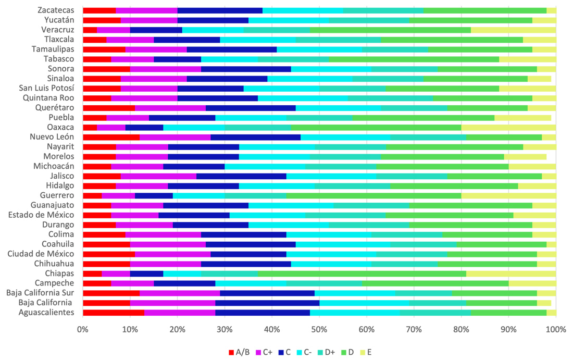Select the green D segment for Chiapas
[x=363, y=274]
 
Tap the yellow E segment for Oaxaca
[x=508, y=127]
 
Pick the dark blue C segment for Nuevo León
[x=256, y=137]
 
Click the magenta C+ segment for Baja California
[x=172, y=303]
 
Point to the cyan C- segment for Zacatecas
[x=303, y=10]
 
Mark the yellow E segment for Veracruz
[x=513, y=30]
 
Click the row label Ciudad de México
[x=41, y=254]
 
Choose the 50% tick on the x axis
[x=319, y=330]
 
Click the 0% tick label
[x=83, y=330]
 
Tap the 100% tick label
[x=556, y=330]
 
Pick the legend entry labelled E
[x=366, y=352]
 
